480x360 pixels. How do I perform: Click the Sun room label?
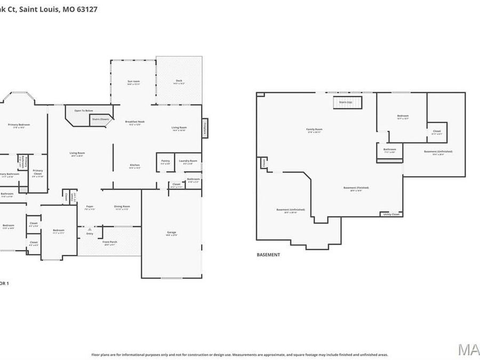[x=133, y=82]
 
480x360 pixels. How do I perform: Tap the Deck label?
[x=179, y=82]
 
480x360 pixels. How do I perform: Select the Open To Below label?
[x=84, y=110]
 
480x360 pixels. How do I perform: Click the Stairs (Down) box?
[x=100, y=119]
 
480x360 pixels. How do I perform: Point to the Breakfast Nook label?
[x=135, y=123]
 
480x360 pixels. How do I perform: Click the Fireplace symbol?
[x=204, y=128]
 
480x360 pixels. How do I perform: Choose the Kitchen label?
[x=135, y=166]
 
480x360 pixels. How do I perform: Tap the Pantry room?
[x=165, y=162]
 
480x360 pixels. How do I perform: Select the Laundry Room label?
[x=188, y=162]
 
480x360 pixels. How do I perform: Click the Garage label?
[x=172, y=233]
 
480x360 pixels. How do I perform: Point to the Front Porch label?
[x=110, y=243]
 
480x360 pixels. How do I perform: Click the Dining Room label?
[x=122, y=207]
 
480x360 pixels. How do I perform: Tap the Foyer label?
[x=90, y=207]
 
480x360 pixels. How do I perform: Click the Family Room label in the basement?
[x=314, y=130]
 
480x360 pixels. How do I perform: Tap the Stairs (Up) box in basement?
[x=348, y=102]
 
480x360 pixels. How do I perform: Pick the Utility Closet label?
[x=391, y=214]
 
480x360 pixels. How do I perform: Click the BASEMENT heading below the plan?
[x=268, y=255]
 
